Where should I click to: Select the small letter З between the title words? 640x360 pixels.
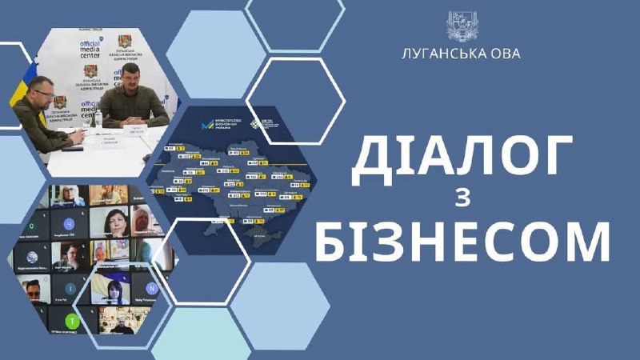(x=465, y=200)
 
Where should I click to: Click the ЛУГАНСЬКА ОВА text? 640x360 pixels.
(x=461, y=54)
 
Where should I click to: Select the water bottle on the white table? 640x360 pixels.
(x=99, y=119)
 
